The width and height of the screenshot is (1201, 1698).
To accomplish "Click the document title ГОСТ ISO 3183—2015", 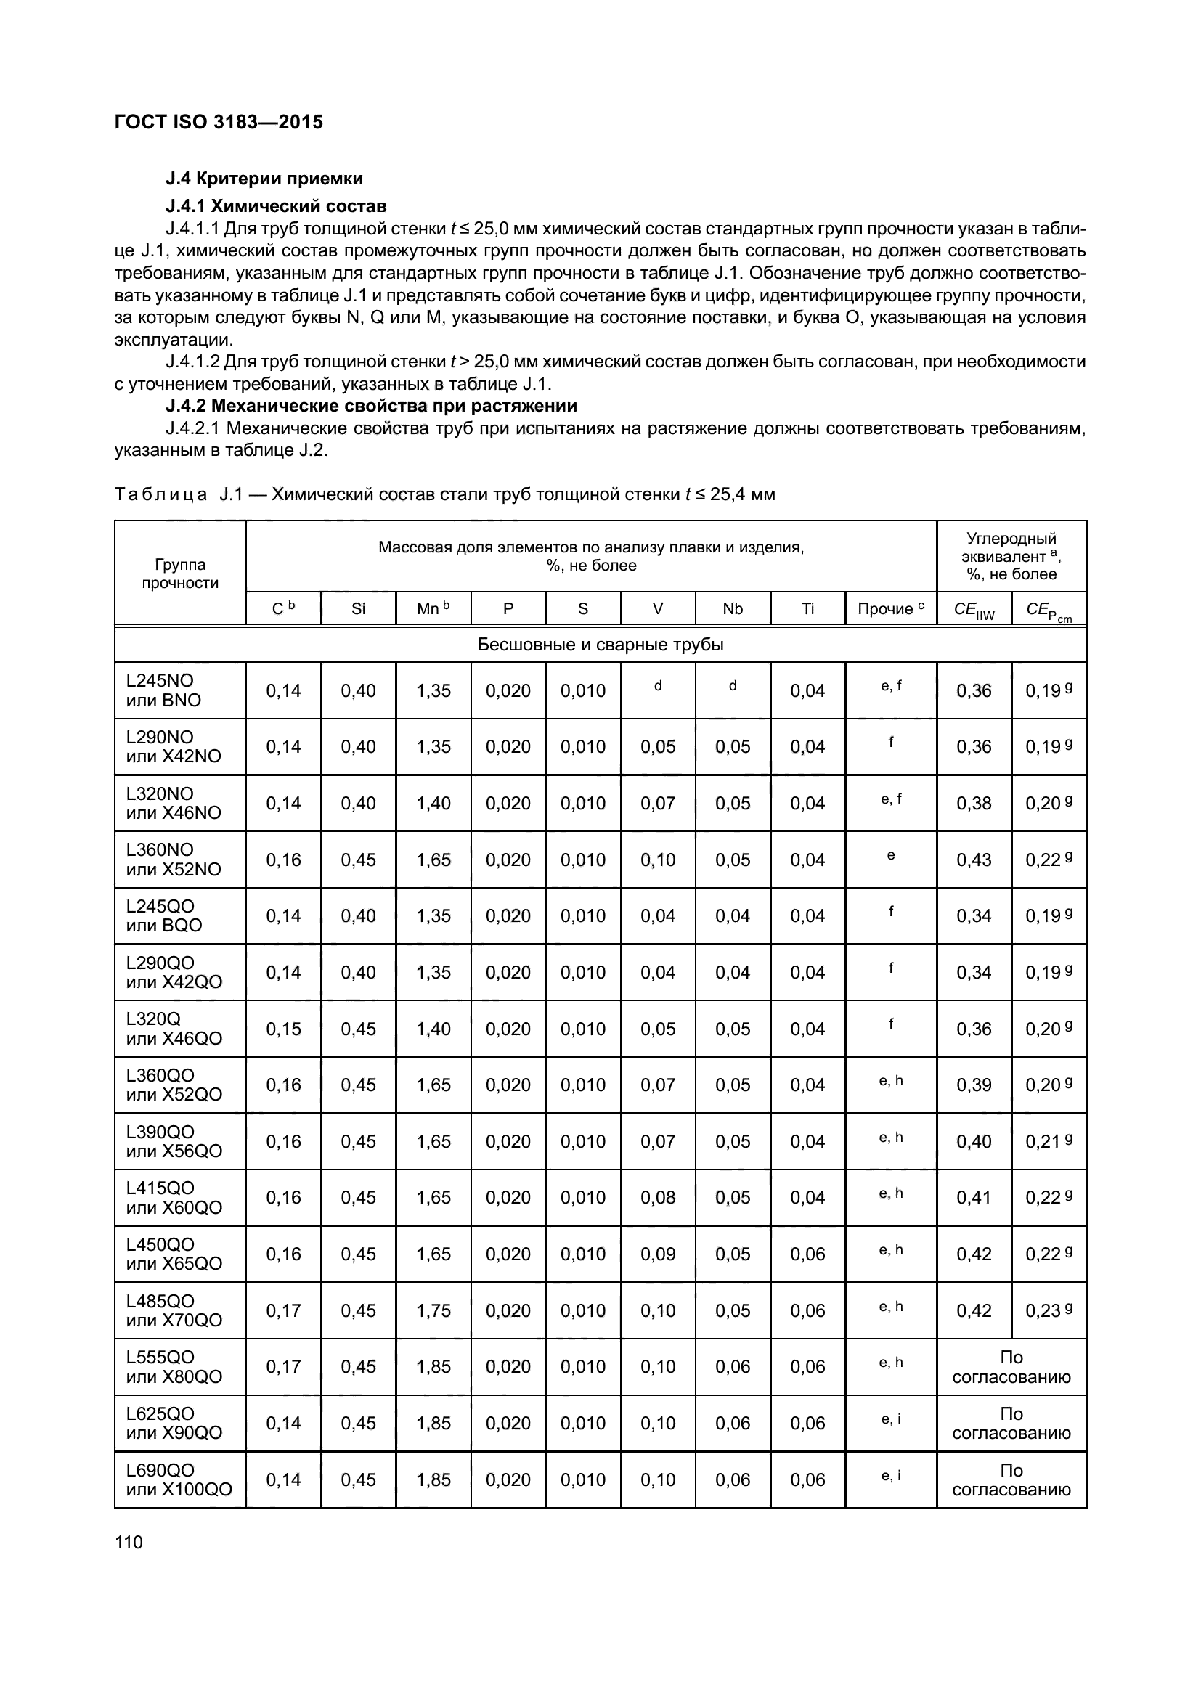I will (x=219, y=122).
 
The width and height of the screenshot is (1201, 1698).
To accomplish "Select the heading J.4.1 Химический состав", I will (x=276, y=205).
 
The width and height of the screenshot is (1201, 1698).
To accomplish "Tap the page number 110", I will (x=129, y=1542).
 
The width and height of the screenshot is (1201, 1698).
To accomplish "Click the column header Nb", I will (x=732, y=608).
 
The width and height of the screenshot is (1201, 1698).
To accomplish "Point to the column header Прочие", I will (x=890, y=608).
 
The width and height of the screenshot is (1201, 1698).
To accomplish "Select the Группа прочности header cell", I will (x=179, y=574).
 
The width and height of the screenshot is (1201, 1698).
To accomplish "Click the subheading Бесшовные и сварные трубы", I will (x=600, y=644).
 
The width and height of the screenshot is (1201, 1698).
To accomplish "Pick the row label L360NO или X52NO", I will (x=174, y=860).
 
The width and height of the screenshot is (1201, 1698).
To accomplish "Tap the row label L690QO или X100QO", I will (x=179, y=1479).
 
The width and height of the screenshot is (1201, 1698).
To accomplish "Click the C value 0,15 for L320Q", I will (x=283, y=1029).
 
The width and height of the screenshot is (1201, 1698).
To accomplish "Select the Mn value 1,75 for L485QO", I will (x=433, y=1310).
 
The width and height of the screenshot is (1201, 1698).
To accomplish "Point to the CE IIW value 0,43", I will (x=973, y=860).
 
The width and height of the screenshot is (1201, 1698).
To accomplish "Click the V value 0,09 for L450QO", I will (x=657, y=1254).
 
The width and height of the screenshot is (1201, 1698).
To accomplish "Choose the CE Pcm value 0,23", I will (x=1043, y=1310).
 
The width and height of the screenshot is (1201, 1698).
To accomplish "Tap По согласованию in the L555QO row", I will (x=1011, y=1367).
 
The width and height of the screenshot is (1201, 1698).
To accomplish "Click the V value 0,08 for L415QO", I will (x=657, y=1197).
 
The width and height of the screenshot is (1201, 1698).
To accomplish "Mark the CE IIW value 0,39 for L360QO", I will (x=973, y=1085).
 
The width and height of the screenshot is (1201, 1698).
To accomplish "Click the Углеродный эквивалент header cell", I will (x=1011, y=556).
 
